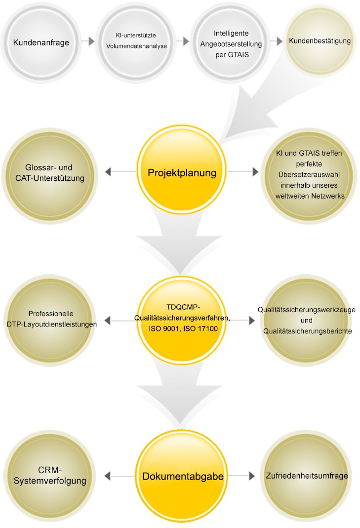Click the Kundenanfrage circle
click(x=41, y=42)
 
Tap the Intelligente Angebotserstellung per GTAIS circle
click(x=231, y=42)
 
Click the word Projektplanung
click(x=182, y=173)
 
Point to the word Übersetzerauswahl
click(x=309, y=175)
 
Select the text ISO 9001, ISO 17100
click(x=182, y=328)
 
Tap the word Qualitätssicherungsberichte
click(x=308, y=331)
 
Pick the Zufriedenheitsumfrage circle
click(x=306, y=476)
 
